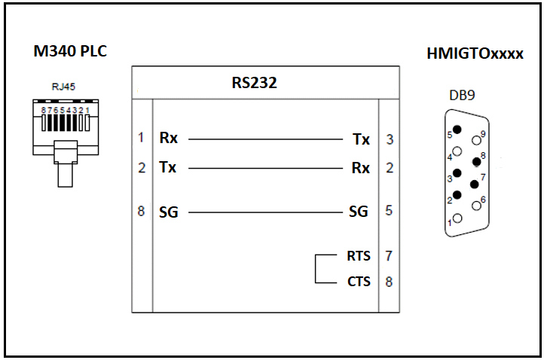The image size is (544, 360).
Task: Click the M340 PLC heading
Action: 70,51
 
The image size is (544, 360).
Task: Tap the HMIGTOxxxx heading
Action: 475,53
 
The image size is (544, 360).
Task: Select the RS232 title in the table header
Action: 255,83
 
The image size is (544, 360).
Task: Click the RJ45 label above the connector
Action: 63,87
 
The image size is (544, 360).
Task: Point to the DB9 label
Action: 462,95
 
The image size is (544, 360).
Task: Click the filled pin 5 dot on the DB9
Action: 457,130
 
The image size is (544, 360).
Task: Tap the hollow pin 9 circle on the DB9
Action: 477,140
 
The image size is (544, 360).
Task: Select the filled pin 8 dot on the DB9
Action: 477,162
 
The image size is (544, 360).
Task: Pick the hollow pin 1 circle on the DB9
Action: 457,218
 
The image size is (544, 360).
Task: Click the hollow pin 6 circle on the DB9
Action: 477,206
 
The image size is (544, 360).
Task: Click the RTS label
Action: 359,256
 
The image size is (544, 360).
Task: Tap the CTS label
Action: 359,281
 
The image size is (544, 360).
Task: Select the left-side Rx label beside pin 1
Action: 168,138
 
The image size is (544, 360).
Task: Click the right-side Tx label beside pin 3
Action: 361,139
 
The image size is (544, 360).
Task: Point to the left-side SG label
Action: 169,212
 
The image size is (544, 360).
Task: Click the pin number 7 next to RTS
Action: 389,256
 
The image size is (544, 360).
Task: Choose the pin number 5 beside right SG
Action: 389,210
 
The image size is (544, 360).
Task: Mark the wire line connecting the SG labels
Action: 265,212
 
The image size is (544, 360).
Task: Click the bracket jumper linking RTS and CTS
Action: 316,269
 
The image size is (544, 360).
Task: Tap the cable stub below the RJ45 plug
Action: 66,175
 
